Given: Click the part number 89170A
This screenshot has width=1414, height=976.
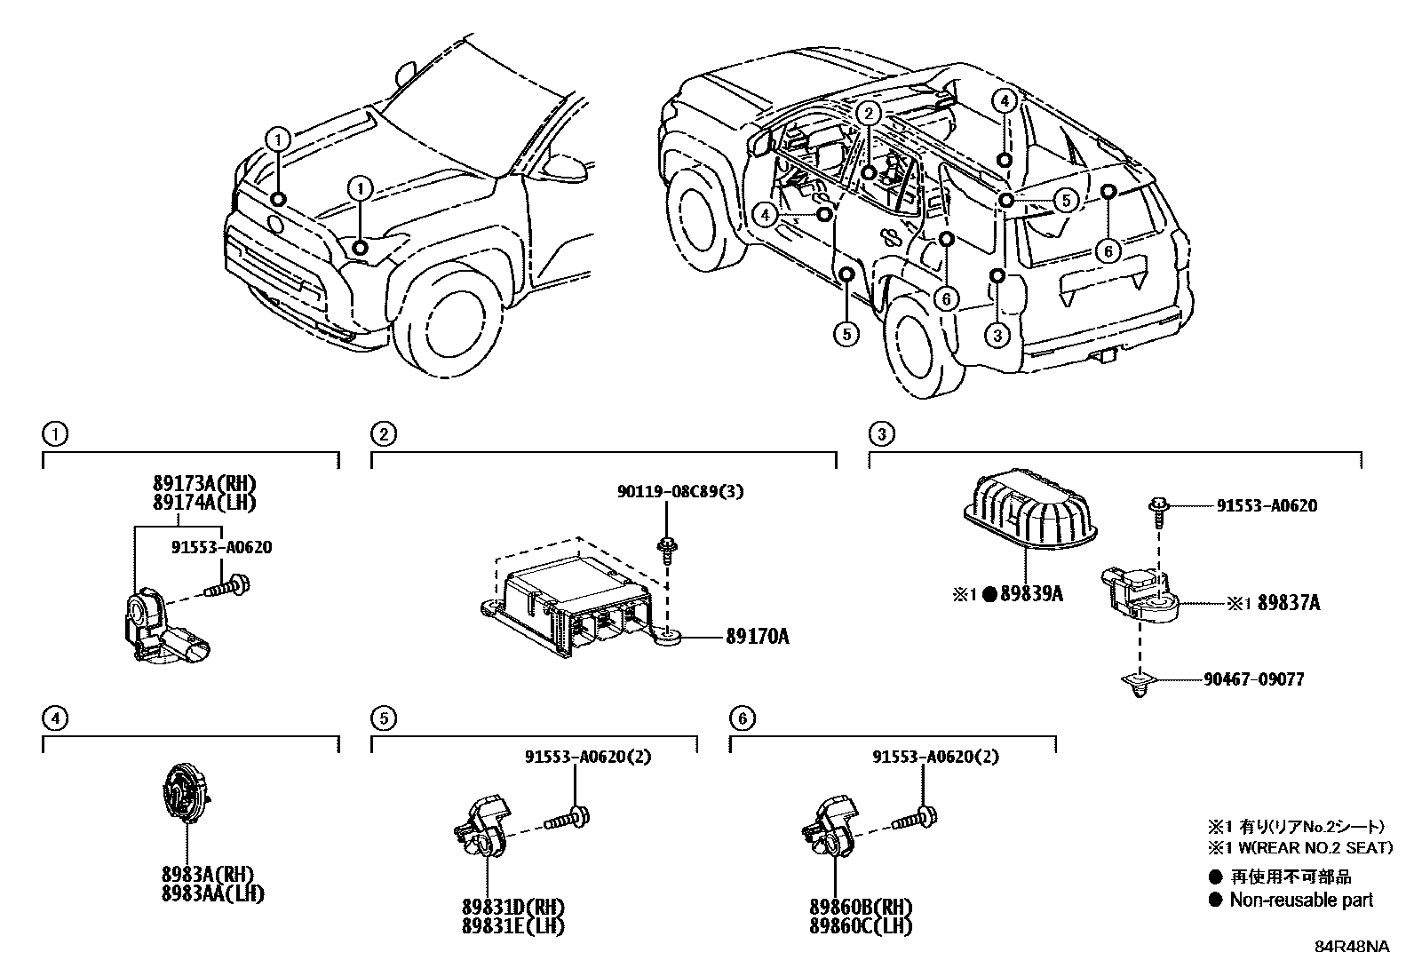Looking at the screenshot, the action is click(757, 637).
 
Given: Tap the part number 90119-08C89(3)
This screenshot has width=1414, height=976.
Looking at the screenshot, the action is click(679, 491).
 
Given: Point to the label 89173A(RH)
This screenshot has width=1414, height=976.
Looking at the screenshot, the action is click(204, 484).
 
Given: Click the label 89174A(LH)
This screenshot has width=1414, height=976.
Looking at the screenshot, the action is click(204, 503).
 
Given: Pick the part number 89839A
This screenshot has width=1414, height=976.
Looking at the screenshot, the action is click(1032, 594).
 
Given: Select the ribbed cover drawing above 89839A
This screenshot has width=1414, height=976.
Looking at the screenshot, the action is click(1030, 507).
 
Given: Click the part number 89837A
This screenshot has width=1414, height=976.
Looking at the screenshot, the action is click(1289, 603).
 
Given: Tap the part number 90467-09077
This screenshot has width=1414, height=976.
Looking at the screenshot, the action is click(1253, 679).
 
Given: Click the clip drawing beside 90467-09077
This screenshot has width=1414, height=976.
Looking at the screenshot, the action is click(1139, 684).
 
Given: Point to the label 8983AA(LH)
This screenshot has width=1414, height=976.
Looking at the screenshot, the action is click(213, 894).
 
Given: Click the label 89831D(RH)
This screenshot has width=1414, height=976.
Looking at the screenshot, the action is click(513, 908).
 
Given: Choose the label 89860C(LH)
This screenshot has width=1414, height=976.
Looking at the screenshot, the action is click(861, 926).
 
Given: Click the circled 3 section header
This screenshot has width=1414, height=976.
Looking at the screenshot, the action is click(882, 433).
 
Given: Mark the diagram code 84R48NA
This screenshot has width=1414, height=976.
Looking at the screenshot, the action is click(1352, 947).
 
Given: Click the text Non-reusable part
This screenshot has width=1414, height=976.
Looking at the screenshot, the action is click(1301, 900).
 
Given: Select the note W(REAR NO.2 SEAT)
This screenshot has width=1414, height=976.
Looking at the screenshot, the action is click(1311, 847).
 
